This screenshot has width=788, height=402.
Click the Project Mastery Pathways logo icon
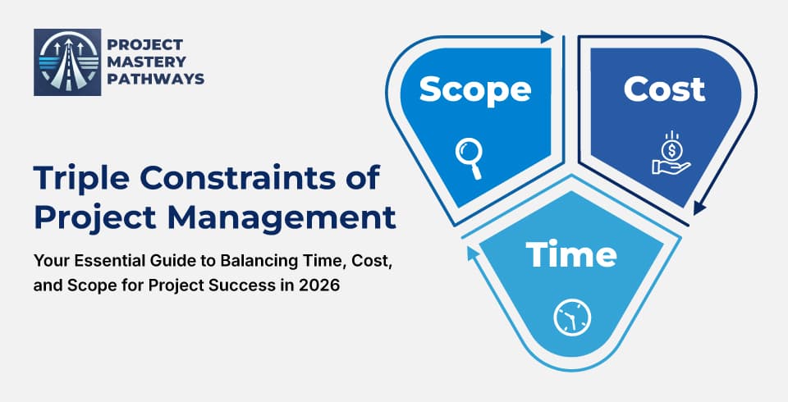(x=62, y=62)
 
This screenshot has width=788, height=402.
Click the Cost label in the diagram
(x=664, y=89)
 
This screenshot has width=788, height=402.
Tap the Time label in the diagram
(x=571, y=255)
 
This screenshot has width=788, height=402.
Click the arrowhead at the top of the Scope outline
(x=547, y=36)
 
